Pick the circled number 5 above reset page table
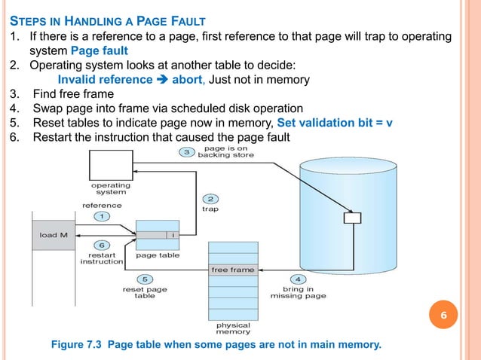click(144, 279)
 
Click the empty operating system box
click(110, 163)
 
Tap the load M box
click(54, 235)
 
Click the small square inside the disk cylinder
click(351, 218)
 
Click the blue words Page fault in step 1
click(100, 51)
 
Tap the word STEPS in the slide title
click(29, 20)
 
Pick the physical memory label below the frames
click(233, 328)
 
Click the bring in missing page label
click(298, 293)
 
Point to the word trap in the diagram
click(210, 209)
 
